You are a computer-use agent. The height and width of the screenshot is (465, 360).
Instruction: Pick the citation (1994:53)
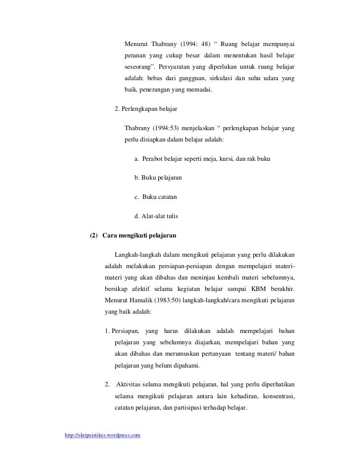(169, 129)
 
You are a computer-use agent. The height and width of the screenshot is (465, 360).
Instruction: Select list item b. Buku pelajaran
(158, 178)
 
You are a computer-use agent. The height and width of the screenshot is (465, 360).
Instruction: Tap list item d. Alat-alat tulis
(156, 216)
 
